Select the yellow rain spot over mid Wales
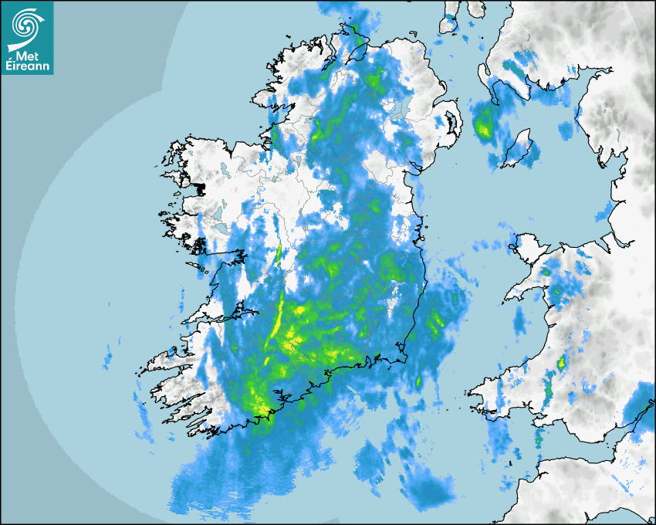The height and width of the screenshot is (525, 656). (x=562, y=362)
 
